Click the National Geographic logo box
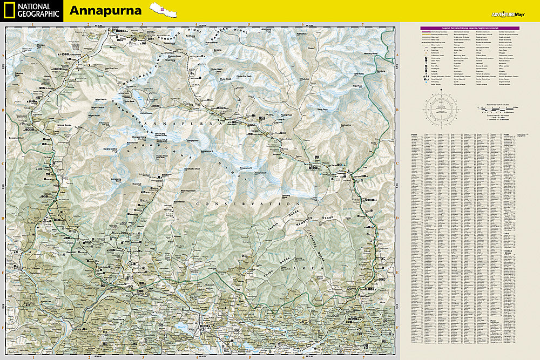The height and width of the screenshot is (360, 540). point(31,11)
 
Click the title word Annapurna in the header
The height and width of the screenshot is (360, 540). point(105,11)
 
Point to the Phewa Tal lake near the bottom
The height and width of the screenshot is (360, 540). point(181,325)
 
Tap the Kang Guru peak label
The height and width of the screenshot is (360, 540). point(322,110)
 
